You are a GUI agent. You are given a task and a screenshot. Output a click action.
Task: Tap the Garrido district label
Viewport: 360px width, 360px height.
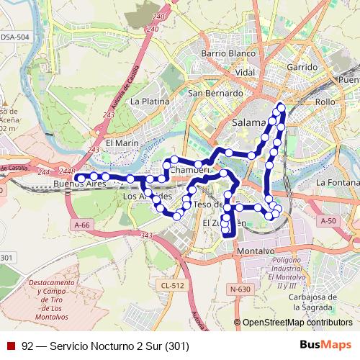pos(302,66)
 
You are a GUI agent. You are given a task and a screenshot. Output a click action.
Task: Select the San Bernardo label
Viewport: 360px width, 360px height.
pos(215,94)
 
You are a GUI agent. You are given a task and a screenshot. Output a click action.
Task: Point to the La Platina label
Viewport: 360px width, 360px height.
pos(149,102)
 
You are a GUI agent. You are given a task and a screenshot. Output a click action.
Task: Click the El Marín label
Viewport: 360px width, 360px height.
pos(122,143)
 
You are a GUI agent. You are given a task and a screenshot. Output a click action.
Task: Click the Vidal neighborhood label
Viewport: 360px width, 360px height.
pos(246,73)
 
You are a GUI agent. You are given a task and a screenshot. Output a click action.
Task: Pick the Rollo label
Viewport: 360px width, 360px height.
pos(325,102)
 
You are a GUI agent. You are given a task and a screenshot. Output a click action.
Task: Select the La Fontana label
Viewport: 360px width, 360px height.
pos(337,181)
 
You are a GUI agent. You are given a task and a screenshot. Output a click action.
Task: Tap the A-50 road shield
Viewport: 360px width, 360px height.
pos(328,220)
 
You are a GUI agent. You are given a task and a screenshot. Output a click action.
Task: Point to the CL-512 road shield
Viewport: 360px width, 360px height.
pos(172,286)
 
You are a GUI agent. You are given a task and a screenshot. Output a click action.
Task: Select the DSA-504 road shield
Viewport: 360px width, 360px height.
pos(14,37)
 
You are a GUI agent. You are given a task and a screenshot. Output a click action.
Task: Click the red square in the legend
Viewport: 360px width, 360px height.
pos(11,346)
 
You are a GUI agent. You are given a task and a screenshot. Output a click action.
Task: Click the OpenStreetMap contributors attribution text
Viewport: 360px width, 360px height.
pos(297,323)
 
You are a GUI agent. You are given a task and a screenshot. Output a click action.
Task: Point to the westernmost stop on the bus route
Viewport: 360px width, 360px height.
pos(79,176)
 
